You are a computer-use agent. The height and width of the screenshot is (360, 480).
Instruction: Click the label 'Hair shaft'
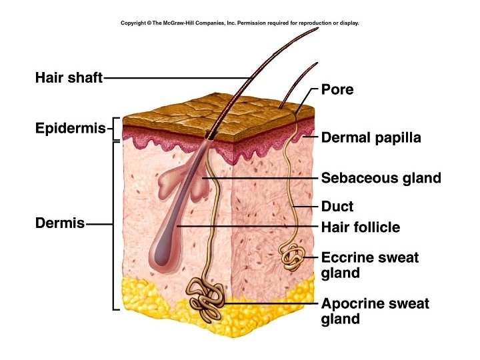tap(69, 78)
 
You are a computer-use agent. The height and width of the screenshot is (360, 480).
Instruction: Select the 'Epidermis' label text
tap(70, 128)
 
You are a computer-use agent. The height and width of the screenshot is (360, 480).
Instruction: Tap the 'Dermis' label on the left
tap(60, 223)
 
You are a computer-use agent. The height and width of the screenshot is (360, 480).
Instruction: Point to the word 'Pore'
tap(337, 89)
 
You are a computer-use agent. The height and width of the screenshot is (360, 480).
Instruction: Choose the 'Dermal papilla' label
tap(371, 139)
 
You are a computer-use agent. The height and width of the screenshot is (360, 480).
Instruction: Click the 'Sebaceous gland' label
tap(381, 178)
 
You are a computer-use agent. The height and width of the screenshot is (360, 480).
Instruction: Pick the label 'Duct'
tap(337, 207)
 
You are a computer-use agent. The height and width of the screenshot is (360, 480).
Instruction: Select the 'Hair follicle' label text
tap(360, 227)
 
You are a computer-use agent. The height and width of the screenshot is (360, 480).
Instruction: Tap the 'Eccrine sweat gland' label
tap(369, 265)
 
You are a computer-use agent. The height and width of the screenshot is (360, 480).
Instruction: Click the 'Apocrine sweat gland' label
tap(375, 311)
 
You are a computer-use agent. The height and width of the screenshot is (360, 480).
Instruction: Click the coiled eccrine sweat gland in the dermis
tap(292, 255)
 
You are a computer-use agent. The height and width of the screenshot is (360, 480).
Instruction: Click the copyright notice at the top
tap(239, 23)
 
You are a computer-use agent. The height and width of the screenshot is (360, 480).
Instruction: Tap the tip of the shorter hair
tap(315, 64)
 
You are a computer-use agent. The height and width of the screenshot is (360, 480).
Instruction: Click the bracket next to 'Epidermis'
tap(115, 129)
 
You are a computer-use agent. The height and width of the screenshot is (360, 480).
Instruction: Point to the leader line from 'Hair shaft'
tap(173, 78)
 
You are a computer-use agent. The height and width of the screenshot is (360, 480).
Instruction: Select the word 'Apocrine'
tap(351, 304)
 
